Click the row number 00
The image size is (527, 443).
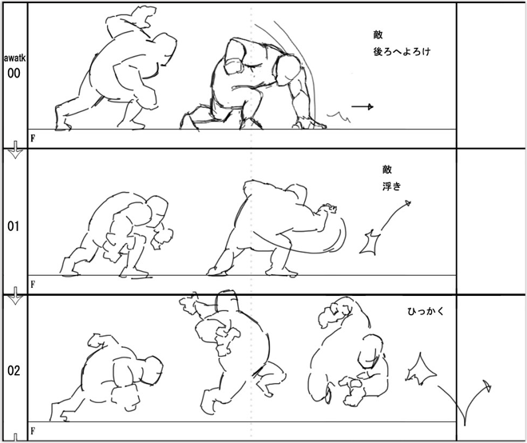14,73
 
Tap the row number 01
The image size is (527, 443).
14,226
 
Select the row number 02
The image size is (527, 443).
14,371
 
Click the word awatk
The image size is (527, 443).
15,58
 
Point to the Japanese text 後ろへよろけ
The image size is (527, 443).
402,51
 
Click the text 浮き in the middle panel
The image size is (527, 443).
391,186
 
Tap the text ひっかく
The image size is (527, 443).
426,312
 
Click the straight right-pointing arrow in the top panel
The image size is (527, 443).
363,106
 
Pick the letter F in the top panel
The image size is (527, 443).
33,138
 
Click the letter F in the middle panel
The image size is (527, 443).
33,285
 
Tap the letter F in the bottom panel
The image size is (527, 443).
33,430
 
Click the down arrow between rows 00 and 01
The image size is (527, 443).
15,150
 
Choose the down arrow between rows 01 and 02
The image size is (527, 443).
15,296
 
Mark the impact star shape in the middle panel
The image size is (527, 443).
370,242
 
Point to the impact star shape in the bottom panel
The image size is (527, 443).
421,369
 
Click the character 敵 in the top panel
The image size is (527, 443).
378,34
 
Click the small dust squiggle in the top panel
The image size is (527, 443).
339,117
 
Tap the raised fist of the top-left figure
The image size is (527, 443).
144,15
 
